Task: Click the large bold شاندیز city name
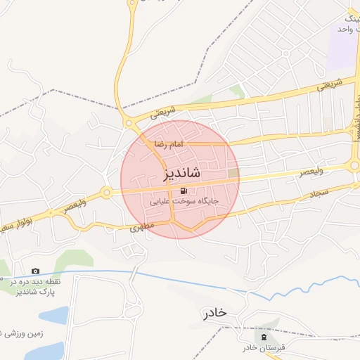point(181,173)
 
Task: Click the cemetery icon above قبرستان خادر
point(264,337)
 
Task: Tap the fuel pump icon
point(184,191)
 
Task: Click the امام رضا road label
point(169,143)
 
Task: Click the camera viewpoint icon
point(35,271)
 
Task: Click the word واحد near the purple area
point(343,30)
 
